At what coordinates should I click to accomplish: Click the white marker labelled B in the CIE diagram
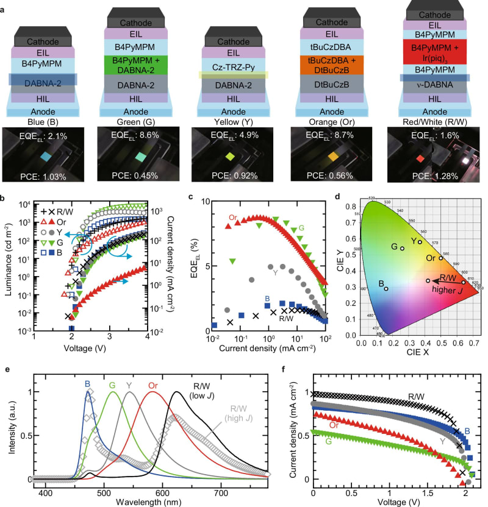[386, 288]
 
